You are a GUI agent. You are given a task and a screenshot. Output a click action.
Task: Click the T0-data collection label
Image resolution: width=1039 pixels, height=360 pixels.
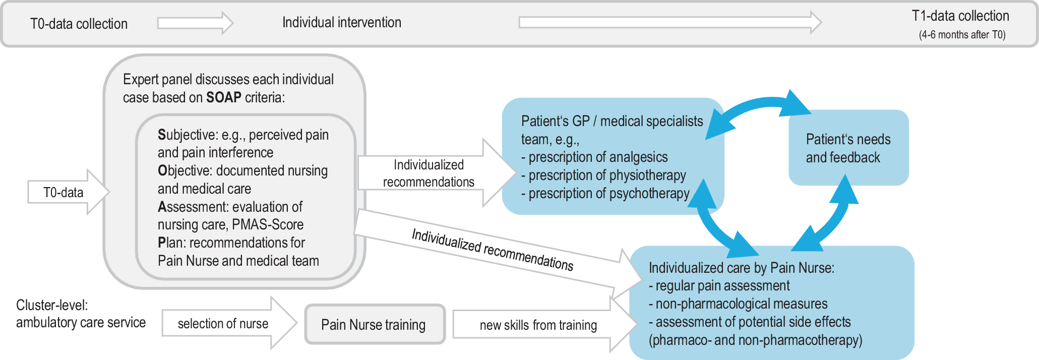point(79,24)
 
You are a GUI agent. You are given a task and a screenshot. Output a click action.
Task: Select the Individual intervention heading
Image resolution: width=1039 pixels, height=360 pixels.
point(341,22)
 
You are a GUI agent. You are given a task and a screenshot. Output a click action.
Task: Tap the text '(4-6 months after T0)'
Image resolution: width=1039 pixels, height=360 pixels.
point(962,35)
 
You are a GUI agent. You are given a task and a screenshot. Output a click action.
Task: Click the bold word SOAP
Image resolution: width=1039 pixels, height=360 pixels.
point(223,97)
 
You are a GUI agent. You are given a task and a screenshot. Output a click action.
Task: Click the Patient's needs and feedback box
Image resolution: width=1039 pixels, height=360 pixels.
point(848,148)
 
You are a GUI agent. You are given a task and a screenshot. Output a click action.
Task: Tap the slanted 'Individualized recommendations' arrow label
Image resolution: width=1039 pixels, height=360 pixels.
point(492,250)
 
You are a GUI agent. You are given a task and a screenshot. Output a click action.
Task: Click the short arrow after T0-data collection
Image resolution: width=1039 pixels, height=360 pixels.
point(195,23)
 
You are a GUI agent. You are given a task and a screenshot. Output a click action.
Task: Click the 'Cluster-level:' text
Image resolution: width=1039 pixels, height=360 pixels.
point(52,305)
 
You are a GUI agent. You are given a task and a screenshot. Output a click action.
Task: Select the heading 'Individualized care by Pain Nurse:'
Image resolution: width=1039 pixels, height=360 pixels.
point(741,268)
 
